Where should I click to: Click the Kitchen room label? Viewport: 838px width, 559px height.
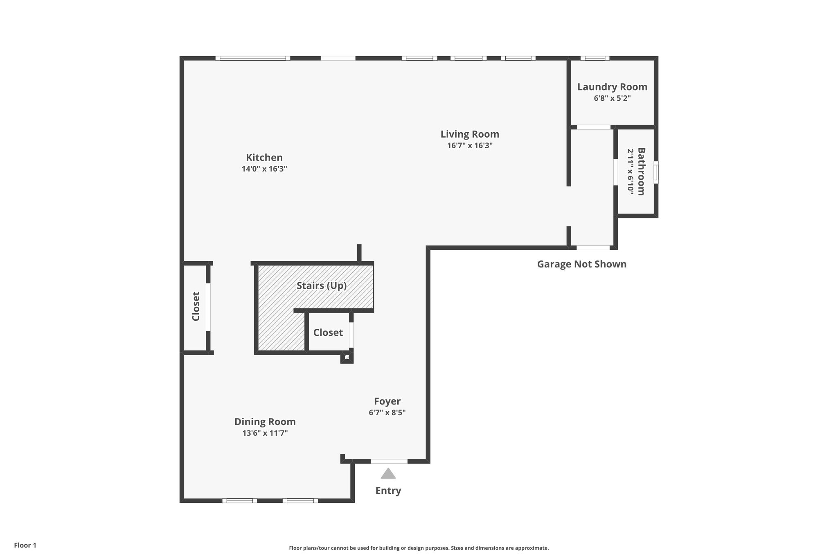click(x=264, y=158)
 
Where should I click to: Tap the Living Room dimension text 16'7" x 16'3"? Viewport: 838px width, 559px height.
click(x=470, y=145)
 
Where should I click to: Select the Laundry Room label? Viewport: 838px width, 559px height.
click(x=612, y=87)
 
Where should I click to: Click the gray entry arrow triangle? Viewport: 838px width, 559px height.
click(x=388, y=474)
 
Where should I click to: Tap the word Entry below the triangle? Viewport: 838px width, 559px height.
click(x=388, y=490)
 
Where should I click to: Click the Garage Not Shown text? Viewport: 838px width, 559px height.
click(x=581, y=264)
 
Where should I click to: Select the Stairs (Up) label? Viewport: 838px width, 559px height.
click(x=321, y=285)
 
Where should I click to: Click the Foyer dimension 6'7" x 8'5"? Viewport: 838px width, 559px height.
click(x=387, y=412)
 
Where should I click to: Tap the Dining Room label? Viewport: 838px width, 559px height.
click(x=265, y=422)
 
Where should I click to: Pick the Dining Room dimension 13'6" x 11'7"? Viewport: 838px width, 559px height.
click(x=265, y=433)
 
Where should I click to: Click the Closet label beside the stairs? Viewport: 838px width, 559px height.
click(x=328, y=333)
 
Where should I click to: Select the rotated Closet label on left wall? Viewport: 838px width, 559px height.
click(x=196, y=306)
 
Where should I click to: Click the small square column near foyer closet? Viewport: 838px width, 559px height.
click(x=347, y=358)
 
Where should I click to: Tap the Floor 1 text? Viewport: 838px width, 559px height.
click(x=25, y=545)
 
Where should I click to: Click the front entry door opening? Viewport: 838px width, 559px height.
click(x=389, y=461)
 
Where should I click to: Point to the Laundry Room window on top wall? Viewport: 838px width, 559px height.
click(x=595, y=58)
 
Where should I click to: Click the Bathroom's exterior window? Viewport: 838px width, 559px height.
click(x=656, y=172)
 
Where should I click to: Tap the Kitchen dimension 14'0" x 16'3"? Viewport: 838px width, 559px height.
click(x=264, y=169)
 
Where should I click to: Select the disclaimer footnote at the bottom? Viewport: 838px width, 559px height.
click(x=419, y=548)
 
